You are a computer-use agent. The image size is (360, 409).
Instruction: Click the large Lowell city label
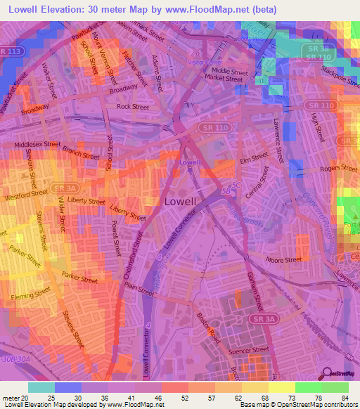[185, 200]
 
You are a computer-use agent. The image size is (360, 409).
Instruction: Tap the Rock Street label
[133, 107]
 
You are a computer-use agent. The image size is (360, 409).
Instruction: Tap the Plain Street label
[139, 290]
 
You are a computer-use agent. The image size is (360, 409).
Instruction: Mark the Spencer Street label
[251, 349]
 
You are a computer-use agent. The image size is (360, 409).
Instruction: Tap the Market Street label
[227, 79]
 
